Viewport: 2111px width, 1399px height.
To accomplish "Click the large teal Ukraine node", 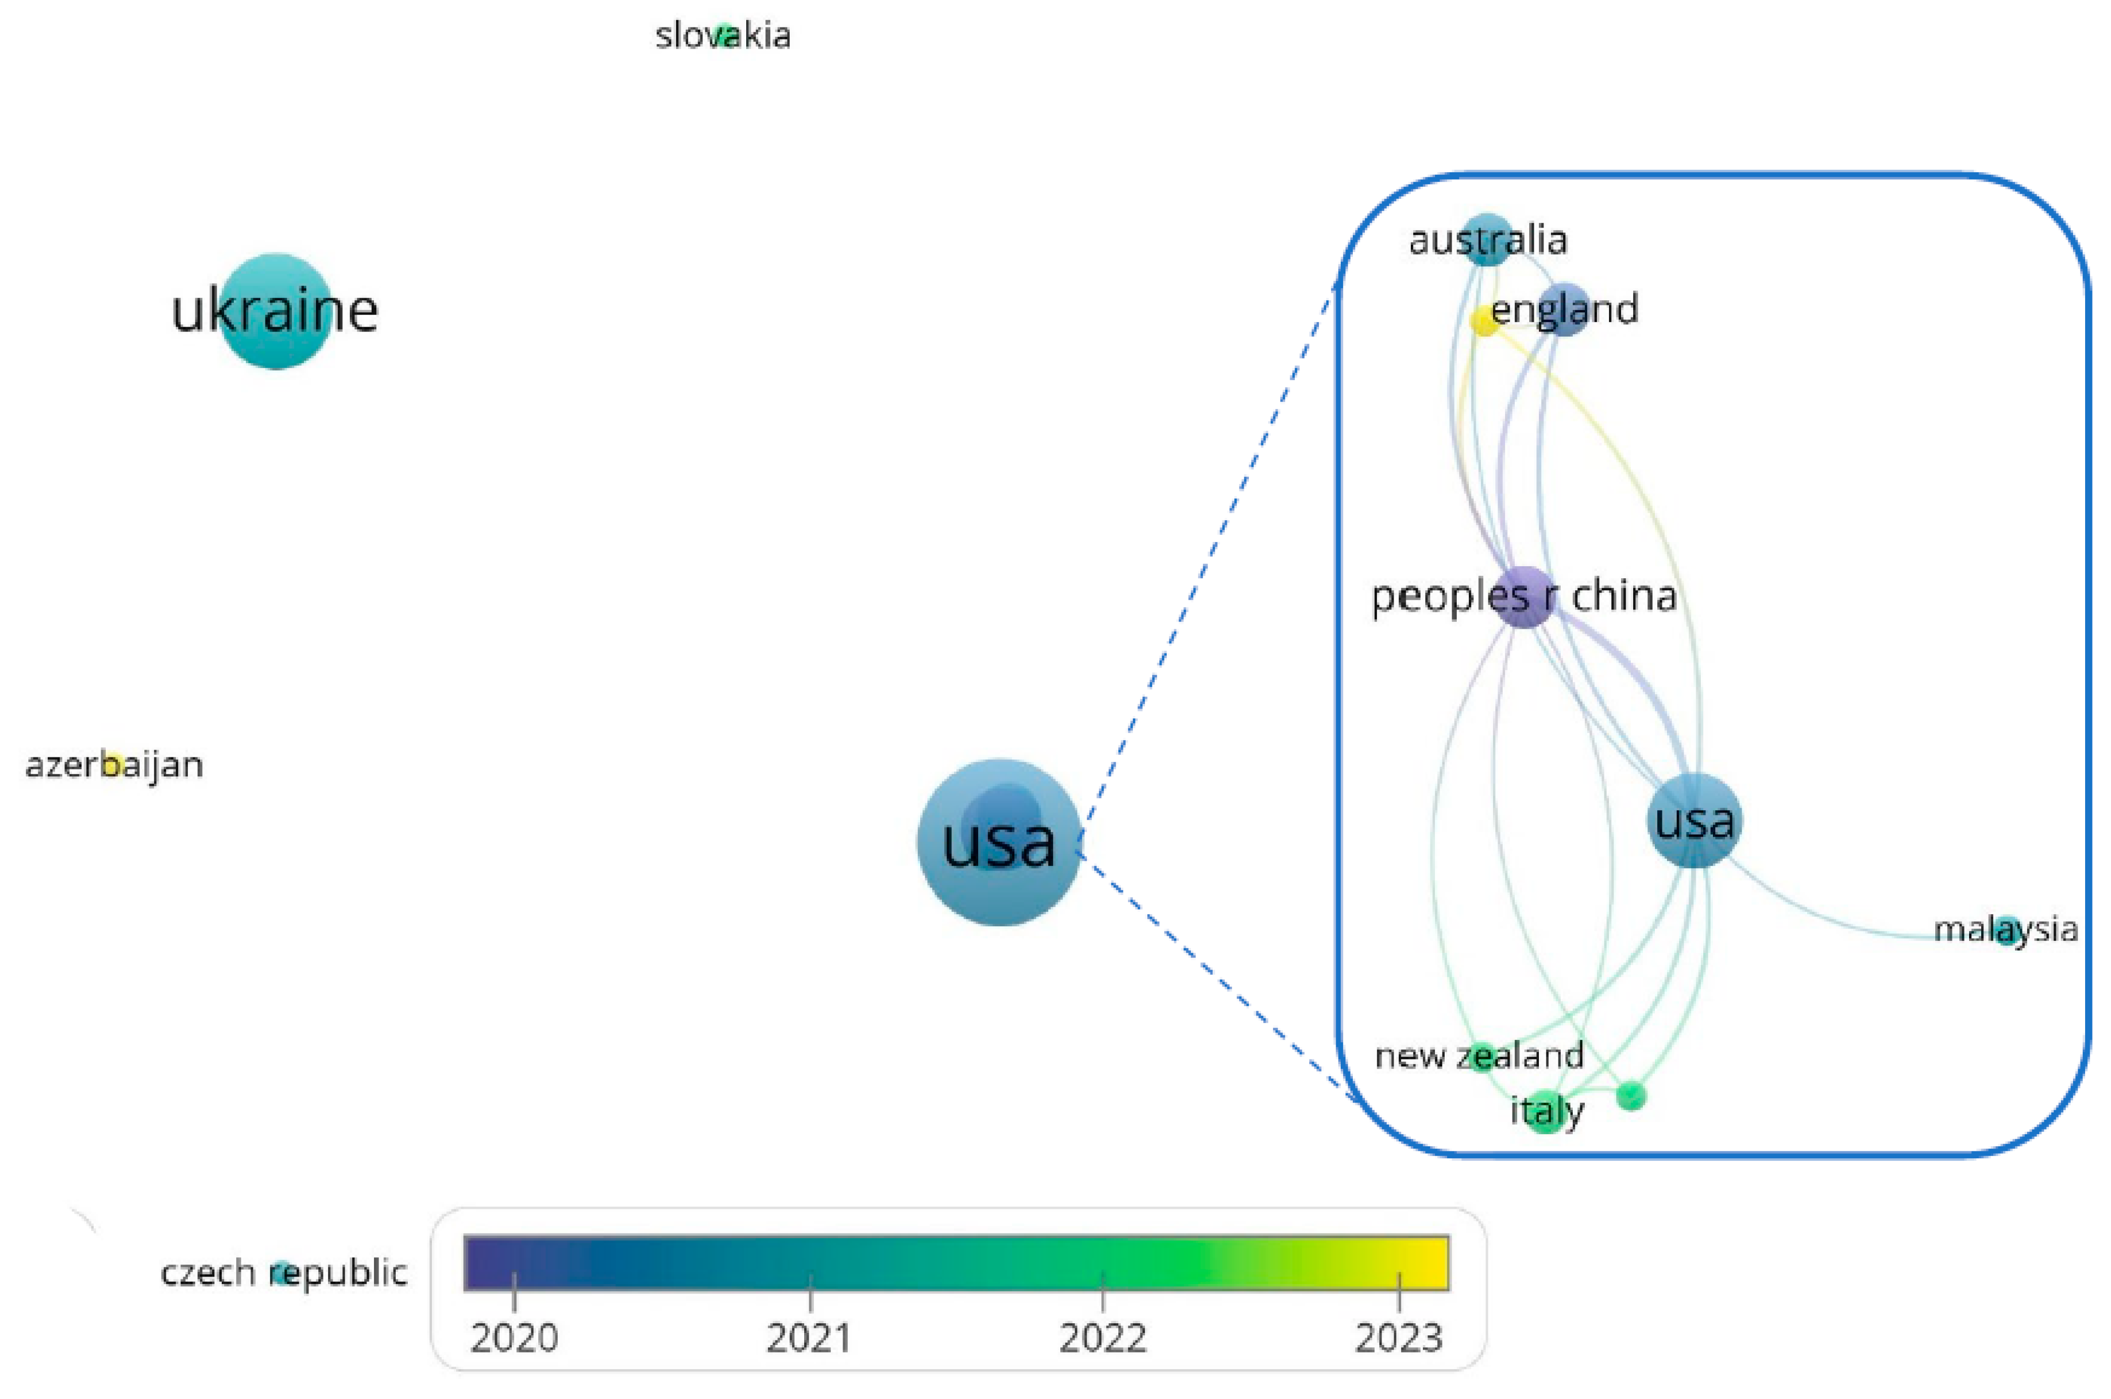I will (x=276, y=311).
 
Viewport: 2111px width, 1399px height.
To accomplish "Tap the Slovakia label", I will (x=723, y=36).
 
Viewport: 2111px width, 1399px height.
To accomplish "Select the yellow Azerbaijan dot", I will (x=113, y=764).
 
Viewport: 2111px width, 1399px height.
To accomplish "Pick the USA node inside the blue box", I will (x=1693, y=820).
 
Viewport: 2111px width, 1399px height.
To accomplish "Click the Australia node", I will (x=1487, y=239).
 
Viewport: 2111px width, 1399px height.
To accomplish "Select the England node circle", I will (x=1564, y=309).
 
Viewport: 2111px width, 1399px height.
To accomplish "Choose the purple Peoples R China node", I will (x=1525, y=596).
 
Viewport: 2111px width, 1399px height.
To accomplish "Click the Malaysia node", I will (x=2006, y=930).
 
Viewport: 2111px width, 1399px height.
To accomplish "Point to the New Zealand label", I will (x=1479, y=1056).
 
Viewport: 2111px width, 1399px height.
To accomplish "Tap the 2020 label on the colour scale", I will (x=514, y=1338).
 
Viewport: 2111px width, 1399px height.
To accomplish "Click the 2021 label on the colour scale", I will (x=809, y=1338).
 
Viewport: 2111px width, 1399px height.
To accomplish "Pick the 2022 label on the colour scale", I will (x=1103, y=1338).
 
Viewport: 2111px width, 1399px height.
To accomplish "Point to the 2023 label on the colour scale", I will (x=1398, y=1338).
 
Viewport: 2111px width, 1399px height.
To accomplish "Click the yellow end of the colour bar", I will (x=1432, y=1262).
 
